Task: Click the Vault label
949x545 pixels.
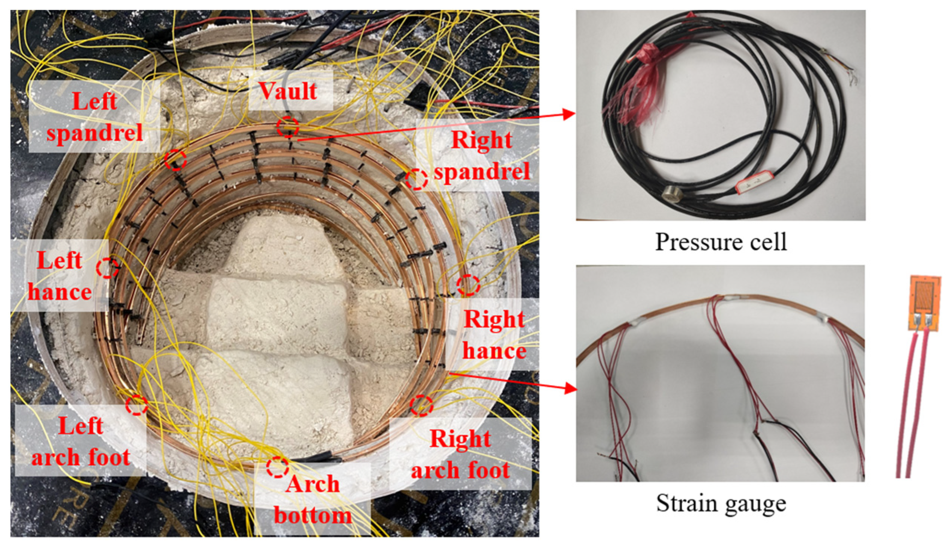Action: (288, 91)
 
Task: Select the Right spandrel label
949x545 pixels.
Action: (482, 155)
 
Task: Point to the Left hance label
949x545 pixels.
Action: (59, 276)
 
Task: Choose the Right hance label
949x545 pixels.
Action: (494, 335)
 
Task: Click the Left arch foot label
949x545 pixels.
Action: (80, 442)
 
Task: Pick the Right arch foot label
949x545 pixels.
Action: (460, 454)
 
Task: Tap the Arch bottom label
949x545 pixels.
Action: (313, 500)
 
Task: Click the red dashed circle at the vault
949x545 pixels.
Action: (288, 127)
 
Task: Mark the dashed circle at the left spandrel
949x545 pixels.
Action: (175, 160)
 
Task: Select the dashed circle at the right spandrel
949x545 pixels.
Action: (416, 179)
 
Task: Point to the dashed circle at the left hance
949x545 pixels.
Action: (108, 267)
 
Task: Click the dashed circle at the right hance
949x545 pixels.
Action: (468, 285)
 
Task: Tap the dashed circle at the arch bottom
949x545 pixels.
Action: (277, 467)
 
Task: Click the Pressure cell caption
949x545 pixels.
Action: (721, 242)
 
